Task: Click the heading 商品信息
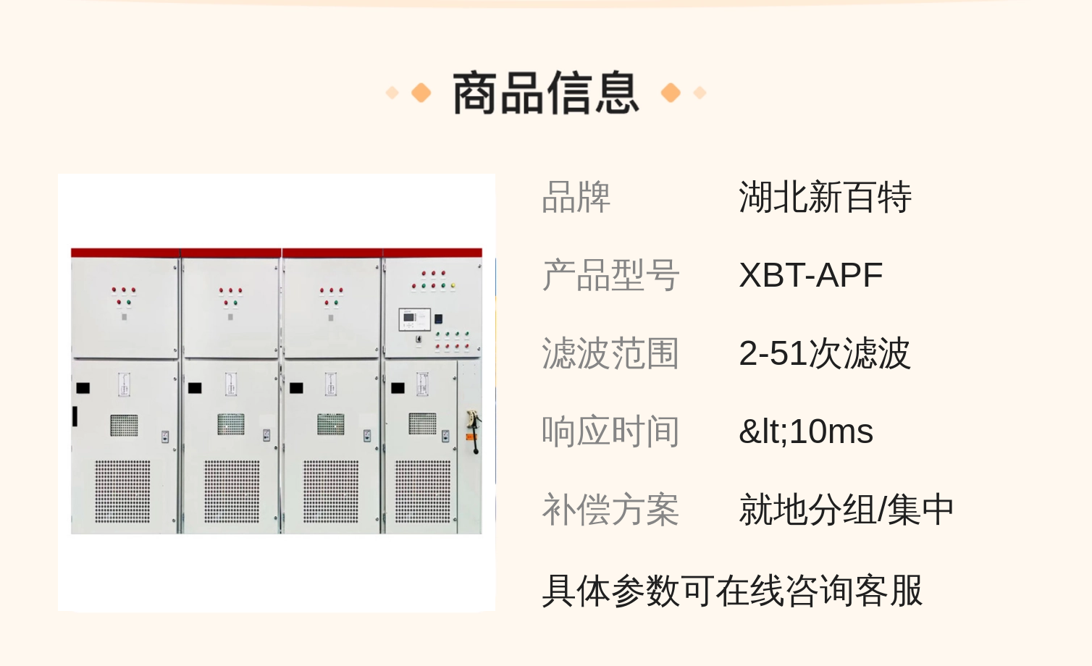pyautogui.click(x=545, y=93)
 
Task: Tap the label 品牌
pyautogui.click(x=576, y=198)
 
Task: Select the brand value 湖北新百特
pyautogui.click(x=825, y=198)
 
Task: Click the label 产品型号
pyautogui.click(x=610, y=276)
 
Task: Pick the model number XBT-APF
pyautogui.click(x=810, y=276)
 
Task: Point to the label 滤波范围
pyautogui.click(x=610, y=354)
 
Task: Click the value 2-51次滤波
pyautogui.click(x=824, y=354)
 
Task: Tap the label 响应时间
pyautogui.click(x=610, y=432)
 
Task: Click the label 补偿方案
pyautogui.click(x=610, y=510)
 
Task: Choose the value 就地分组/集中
pyautogui.click(x=846, y=510)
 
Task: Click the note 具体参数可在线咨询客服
pyautogui.click(x=732, y=591)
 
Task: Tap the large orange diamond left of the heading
pyautogui.click(x=421, y=93)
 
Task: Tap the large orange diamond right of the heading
pyautogui.click(x=671, y=93)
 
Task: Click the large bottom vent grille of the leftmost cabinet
pyautogui.click(x=123, y=491)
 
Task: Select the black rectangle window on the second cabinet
pyautogui.click(x=195, y=388)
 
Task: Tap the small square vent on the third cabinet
pyautogui.click(x=331, y=423)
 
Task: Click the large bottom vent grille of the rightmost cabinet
pyautogui.click(x=422, y=491)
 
